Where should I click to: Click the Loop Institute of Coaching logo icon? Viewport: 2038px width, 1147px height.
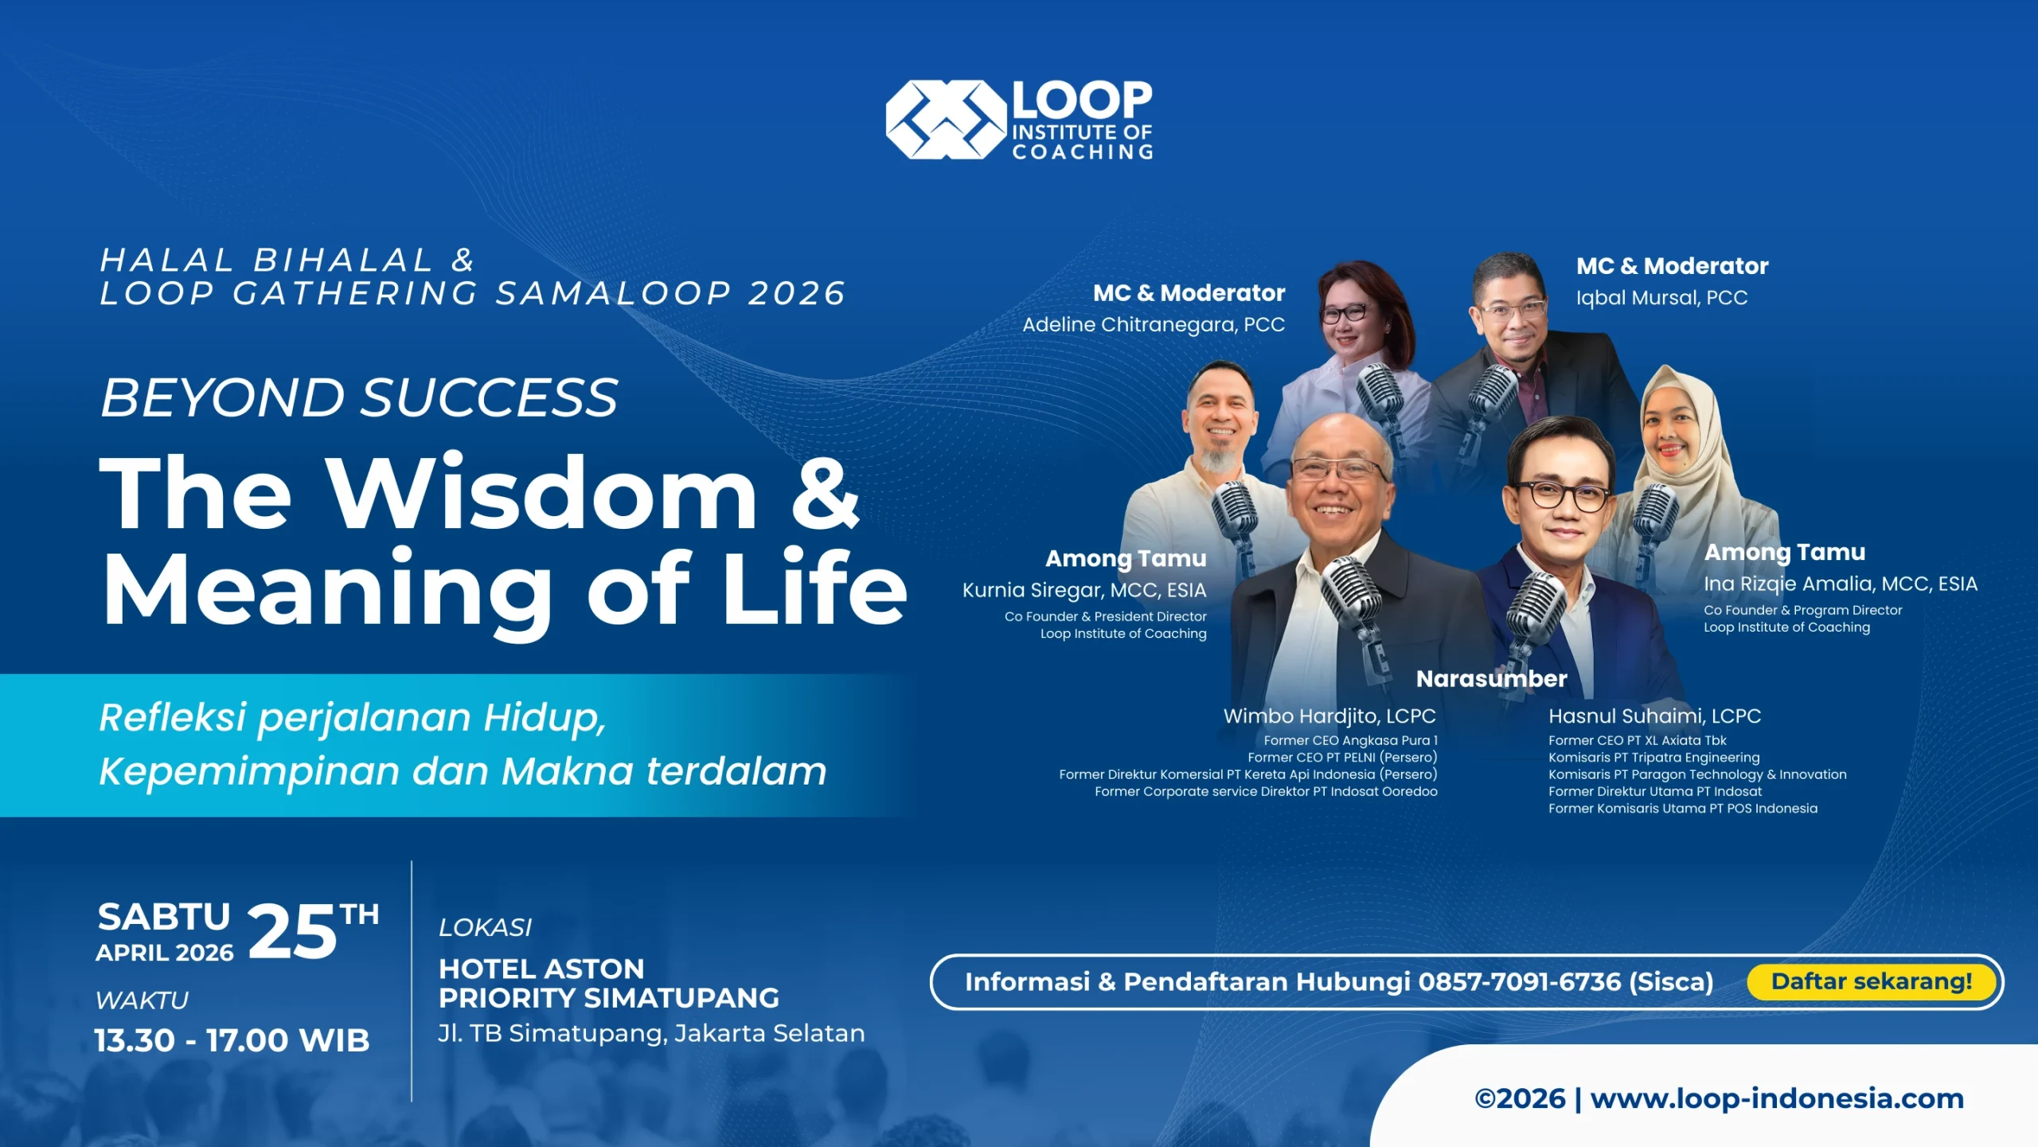946,119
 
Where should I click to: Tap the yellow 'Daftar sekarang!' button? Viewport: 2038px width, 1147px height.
1872,981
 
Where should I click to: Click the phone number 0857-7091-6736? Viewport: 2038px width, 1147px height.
1519,982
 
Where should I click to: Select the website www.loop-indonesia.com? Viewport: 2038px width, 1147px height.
1777,1098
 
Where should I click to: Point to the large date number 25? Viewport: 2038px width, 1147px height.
292,931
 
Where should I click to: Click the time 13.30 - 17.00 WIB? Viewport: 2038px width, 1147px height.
232,1040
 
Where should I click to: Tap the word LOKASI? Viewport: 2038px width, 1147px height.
485,927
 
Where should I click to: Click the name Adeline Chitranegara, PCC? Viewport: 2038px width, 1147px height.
1154,325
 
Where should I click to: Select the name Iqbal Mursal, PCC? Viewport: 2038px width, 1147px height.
1661,298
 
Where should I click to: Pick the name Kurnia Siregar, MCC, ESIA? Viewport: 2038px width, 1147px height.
1084,590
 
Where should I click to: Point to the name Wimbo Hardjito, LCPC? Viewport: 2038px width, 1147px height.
1329,716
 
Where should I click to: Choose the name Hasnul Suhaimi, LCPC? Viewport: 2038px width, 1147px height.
1654,716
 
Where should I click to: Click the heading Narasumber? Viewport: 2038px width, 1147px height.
1491,679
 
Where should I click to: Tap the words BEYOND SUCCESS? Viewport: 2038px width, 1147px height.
359,397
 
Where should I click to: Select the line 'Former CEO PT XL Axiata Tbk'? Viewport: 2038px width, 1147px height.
1637,741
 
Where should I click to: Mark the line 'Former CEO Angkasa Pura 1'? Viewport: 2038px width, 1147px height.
1350,741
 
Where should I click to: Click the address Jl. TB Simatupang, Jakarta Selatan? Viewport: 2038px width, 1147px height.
651,1033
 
